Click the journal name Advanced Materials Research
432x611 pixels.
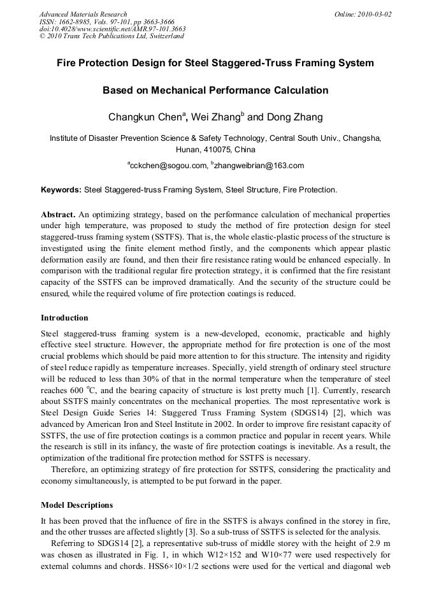pyautogui.click(x=83, y=14)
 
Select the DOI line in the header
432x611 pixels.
pyautogui.click(x=113, y=29)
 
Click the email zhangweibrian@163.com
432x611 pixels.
pyautogui.click(x=259, y=166)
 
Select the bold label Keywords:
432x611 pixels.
pyautogui.click(x=61, y=189)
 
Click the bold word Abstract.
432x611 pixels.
pyautogui.click(x=58, y=215)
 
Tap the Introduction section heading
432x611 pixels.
pyautogui.click(x=64, y=317)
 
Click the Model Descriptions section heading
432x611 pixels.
pyautogui.click(x=76, y=505)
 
